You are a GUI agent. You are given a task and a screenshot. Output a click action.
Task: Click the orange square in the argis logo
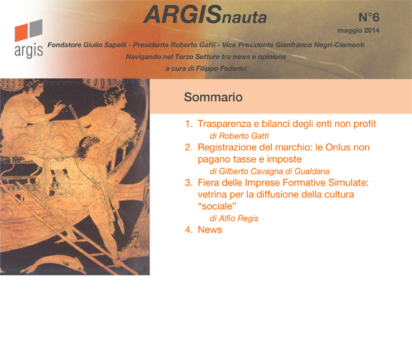click(x=21, y=33)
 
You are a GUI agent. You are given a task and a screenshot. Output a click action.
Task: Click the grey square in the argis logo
click(x=36, y=28)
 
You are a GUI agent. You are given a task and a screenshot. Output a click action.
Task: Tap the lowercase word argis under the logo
click(x=28, y=51)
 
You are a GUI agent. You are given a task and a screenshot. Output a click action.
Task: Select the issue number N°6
click(x=369, y=17)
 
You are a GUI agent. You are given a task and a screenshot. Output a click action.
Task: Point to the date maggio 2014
click(x=359, y=30)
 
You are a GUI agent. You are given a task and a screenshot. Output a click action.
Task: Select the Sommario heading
click(x=213, y=97)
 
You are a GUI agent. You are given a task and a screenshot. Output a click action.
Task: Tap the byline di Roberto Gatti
click(x=239, y=136)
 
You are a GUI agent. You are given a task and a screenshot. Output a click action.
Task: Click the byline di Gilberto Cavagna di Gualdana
click(x=269, y=171)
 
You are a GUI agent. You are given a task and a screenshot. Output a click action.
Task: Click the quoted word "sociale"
click(x=217, y=206)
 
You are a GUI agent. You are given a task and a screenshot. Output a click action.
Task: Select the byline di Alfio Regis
click(x=234, y=218)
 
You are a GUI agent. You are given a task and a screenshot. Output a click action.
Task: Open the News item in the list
click(x=210, y=230)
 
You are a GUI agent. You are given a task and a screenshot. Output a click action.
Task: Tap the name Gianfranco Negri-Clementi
click(x=320, y=45)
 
